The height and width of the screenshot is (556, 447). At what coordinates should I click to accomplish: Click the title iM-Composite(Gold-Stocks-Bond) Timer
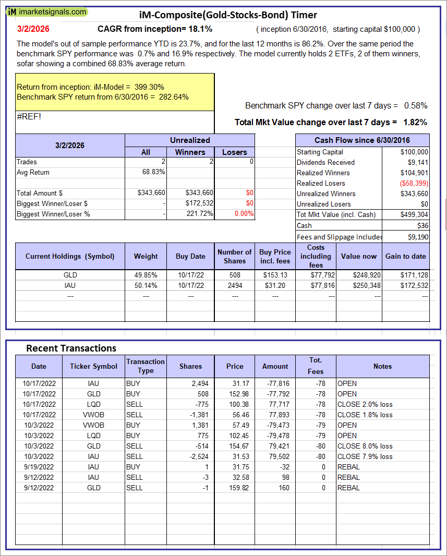228,15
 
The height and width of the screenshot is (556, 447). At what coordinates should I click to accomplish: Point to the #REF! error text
29,116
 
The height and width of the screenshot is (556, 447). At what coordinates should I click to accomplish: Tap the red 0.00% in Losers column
244,214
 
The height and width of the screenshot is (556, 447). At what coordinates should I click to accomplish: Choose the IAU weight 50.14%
146,285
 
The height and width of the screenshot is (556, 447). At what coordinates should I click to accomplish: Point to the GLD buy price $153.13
275,275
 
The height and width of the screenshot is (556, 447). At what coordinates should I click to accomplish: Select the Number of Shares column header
235,256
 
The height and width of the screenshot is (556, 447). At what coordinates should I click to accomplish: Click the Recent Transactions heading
71,348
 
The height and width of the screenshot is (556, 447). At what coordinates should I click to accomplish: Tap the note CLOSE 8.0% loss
365,446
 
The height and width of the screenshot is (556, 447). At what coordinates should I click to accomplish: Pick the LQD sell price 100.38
235,404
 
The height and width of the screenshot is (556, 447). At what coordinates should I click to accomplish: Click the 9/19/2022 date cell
39,467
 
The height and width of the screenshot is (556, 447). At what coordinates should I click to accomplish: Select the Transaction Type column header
146,366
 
